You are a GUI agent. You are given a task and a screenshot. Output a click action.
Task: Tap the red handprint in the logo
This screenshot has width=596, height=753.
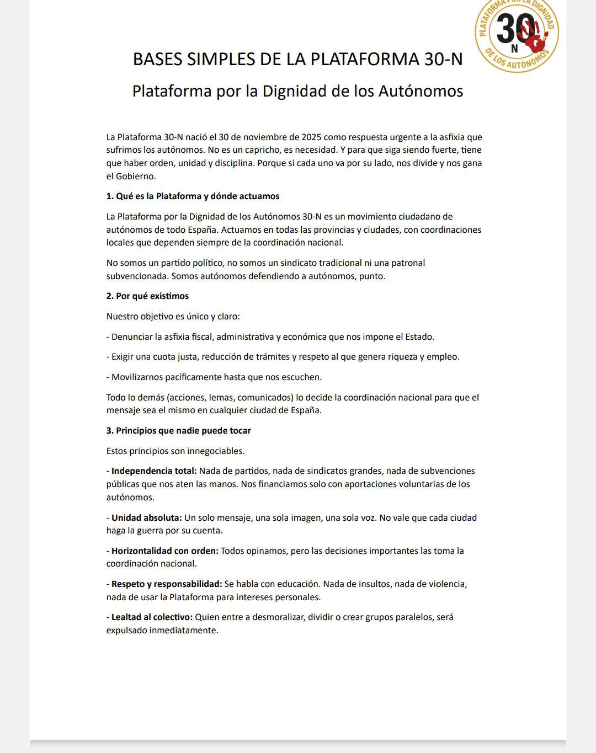click(534, 36)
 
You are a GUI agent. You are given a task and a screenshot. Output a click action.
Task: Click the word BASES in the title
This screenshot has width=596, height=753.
click(158, 59)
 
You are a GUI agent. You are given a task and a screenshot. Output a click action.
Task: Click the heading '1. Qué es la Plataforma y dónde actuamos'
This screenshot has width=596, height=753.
click(193, 196)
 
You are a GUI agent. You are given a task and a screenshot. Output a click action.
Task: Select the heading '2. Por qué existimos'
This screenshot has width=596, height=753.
click(147, 296)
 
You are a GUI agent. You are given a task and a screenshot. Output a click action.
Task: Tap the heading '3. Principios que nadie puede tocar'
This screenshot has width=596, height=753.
click(178, 431)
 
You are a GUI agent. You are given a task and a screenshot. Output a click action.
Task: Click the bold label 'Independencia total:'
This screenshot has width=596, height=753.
click(154, 471)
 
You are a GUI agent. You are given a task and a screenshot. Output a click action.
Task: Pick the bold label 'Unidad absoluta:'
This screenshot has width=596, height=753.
click(147, 518)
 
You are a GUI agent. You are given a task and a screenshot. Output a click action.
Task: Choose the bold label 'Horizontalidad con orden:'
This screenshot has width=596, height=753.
click(165, 551)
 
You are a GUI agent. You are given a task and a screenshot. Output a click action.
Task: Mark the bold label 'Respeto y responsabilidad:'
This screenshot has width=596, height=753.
click(167, 584)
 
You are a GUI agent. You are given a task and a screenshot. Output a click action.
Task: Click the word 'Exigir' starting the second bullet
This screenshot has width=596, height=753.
click(123, 357)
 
